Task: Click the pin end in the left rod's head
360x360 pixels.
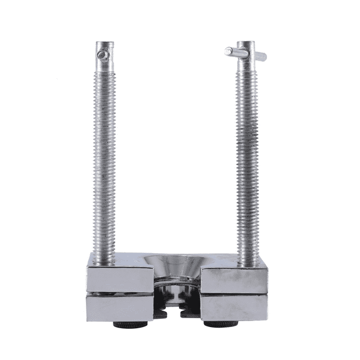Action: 104,56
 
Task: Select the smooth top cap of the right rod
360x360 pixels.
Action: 245,46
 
